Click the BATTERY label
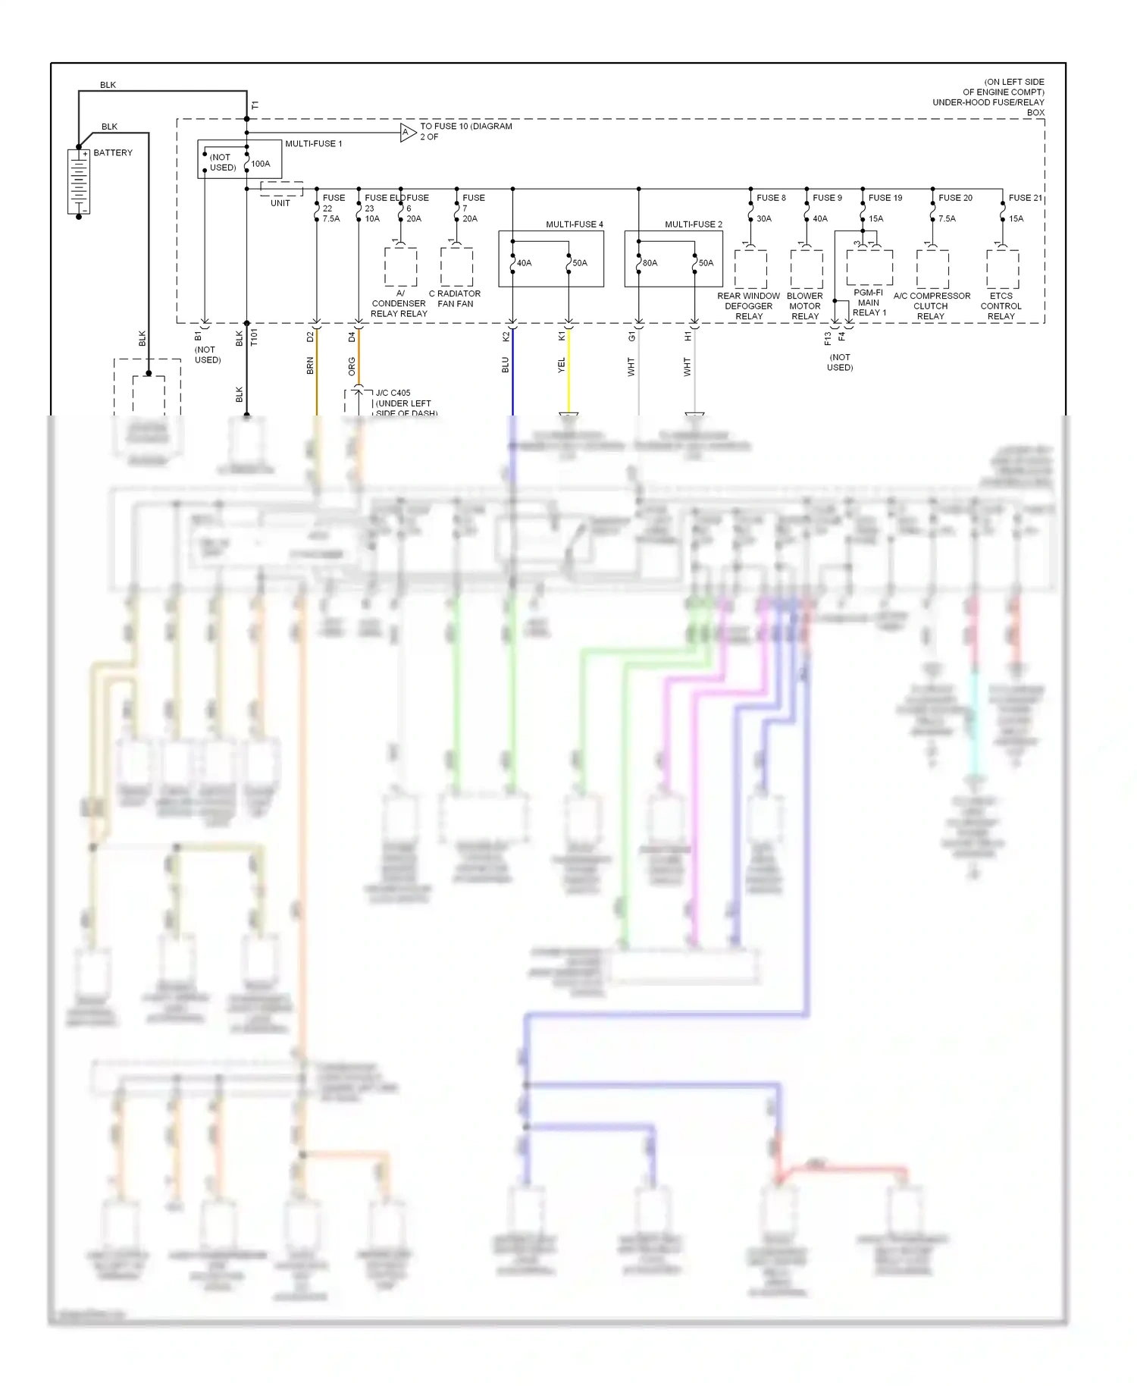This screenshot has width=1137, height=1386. pos(113,153)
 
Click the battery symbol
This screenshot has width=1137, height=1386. pos(79,182)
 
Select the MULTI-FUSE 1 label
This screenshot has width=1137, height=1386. pos(313,144)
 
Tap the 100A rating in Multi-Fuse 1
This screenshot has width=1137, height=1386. pos(261,164)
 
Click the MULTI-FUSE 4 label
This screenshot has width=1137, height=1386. pos(575,224)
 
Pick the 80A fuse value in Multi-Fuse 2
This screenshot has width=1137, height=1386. pos(650,263)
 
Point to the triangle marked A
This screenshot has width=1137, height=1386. pos(408,133)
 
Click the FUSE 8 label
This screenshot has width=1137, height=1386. pos(771,198)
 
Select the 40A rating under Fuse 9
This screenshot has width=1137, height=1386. pos(820,219)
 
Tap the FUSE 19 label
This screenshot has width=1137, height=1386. pos(885,198)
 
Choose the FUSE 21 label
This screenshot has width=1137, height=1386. pos(1025,198)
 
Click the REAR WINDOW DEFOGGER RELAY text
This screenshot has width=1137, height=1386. pos(748,306)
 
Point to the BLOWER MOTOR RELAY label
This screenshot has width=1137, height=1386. pos(804,306)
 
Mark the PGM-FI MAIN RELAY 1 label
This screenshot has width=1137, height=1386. pos(869,303)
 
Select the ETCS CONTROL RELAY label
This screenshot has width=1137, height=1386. pos(1001,306)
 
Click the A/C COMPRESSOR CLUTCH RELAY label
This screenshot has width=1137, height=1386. pos(932,306)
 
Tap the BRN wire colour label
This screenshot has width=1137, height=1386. pos(310,366)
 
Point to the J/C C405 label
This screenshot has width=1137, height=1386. pos(393,394)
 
